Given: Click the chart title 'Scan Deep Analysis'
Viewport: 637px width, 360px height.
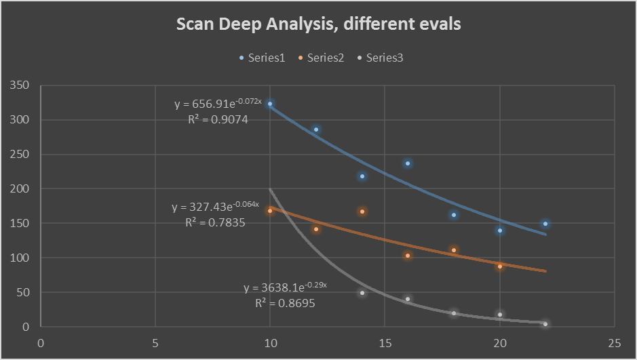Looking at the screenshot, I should (x=318, y=24).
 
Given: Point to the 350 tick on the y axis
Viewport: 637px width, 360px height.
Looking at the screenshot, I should (x=20, y=85).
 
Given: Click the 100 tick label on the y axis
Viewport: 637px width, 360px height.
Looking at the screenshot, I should (x=20, y=258).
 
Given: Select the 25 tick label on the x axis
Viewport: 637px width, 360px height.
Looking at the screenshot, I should (x=614, y=342).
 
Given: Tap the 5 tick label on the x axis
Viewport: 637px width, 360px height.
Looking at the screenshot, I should (x=155, y=342).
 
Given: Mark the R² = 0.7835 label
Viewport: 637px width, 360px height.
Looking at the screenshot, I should (x=215, y=222).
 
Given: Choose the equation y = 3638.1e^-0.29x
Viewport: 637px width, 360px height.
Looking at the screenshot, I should (x=285, y=287).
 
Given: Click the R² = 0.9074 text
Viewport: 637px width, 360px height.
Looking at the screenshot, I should (x=218, y=119).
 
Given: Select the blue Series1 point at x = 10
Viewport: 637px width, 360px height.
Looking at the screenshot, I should (x=270, y=104).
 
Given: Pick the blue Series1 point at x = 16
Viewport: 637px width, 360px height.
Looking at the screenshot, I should (x=408, y=163).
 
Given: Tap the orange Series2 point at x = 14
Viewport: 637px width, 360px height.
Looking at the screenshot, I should (x=362, y=212).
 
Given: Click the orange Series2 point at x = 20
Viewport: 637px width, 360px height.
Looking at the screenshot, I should (x=500, y=266).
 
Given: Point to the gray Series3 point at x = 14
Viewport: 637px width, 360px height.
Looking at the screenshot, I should (x=362, y=293).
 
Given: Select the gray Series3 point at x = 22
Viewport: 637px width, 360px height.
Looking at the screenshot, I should (x=545, y=324).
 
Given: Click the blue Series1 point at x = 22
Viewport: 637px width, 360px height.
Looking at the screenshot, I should (x=545, y=224).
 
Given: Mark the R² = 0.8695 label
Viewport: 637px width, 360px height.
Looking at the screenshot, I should (x=285, y=304).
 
